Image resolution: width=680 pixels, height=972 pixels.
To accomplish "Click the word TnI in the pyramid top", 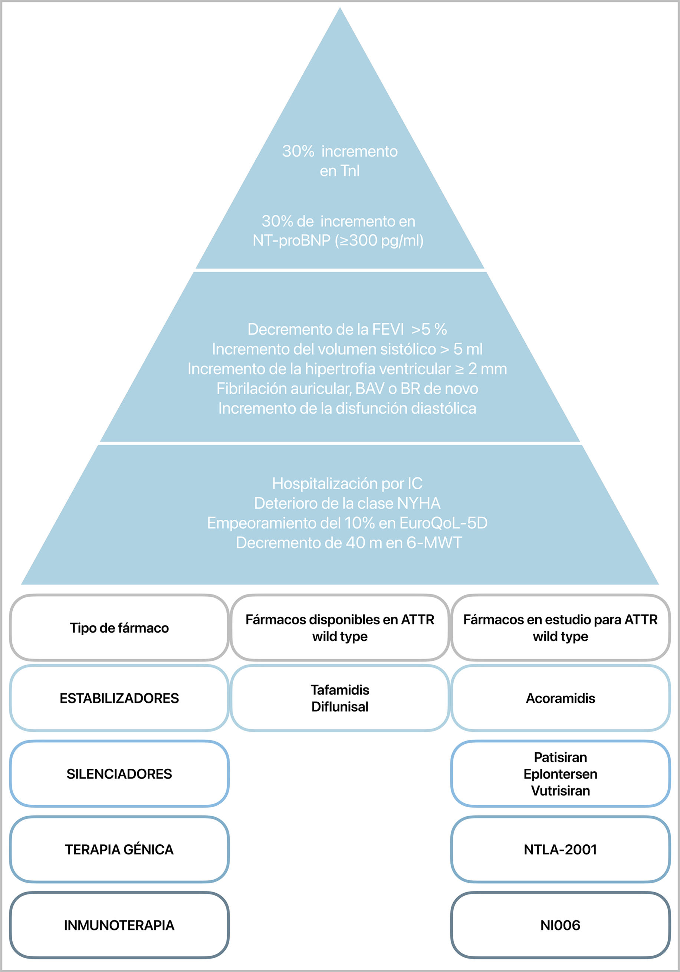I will (350, 171).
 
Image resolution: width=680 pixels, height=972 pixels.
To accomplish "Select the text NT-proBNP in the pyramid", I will (291, 240).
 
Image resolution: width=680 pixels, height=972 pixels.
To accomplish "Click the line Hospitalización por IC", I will (347, 483).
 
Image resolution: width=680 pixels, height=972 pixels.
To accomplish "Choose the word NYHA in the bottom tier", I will (418, 503).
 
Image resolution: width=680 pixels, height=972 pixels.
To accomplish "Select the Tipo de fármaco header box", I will (119, 628).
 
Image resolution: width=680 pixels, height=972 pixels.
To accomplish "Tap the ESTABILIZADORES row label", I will (119, 698).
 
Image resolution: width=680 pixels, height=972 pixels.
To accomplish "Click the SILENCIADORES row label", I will (119, 774).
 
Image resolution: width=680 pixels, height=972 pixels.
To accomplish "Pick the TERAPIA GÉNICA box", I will (119, 850).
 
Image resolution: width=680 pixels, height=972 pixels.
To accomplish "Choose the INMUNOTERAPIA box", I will (119, 925).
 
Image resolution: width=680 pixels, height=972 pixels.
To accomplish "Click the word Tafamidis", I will (339, 690).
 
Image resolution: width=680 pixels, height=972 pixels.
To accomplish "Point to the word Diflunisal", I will (339, 707).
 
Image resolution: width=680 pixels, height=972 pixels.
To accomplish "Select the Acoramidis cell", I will (560, 698).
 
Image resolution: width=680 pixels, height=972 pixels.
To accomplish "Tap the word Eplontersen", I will (560, 774).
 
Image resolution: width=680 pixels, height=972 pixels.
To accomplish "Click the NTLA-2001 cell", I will (560, 850).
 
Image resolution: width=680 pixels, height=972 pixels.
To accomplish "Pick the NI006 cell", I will (560, 925).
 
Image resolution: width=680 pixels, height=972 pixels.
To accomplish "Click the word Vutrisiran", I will (560, 791).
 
